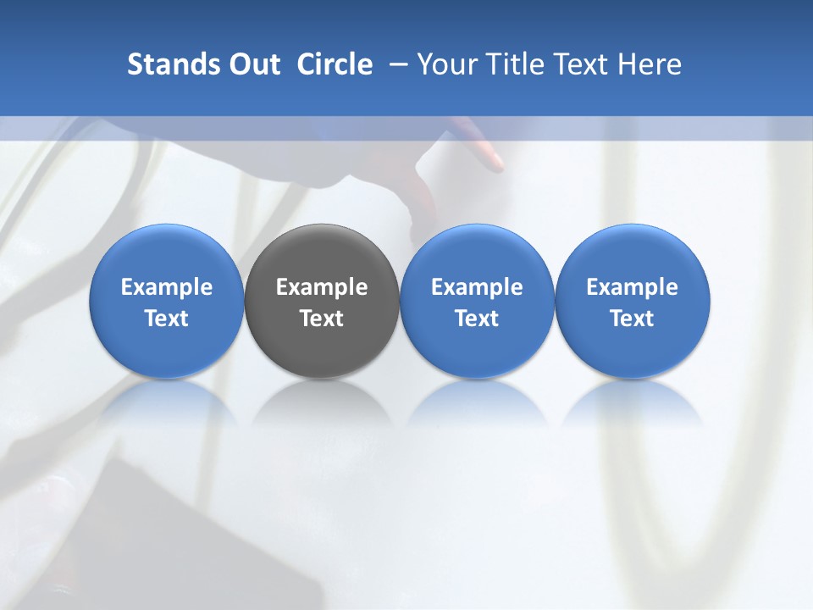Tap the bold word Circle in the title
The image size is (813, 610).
[335, 64]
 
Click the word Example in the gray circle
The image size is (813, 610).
[322, 287]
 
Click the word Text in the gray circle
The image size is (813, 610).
[322, 319]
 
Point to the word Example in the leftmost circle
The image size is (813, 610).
[167, 287]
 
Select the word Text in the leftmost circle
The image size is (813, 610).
[167, 319]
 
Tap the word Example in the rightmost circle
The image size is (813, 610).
[633, 287]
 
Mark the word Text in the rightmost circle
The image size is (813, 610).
[633, 319]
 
